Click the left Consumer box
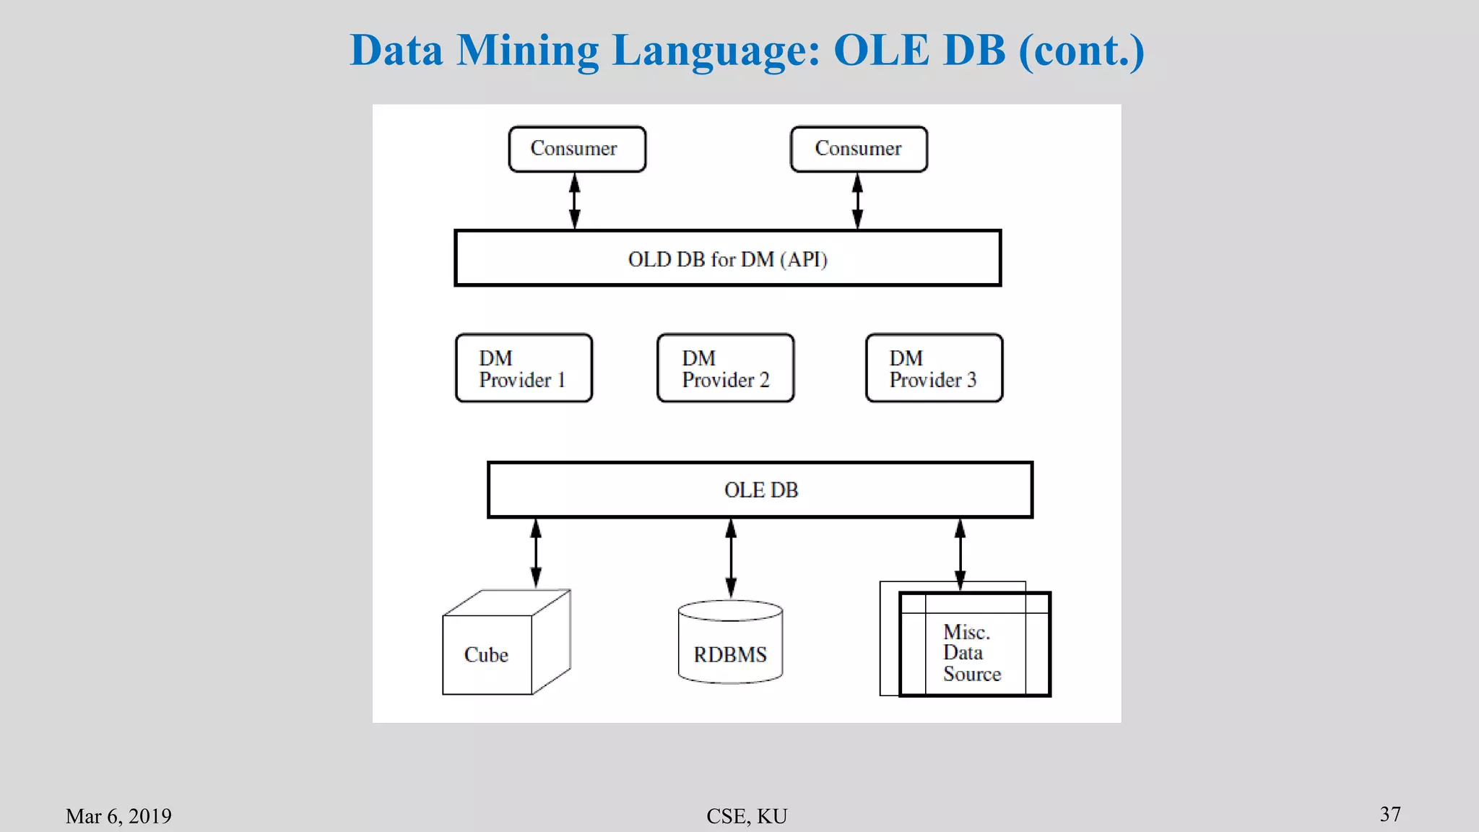577,149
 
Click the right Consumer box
859,149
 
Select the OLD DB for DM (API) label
727,259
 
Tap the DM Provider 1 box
524,368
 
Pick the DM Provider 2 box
725,368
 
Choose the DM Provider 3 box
934,368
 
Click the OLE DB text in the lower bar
760,490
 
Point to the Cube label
486,655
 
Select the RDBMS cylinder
730,643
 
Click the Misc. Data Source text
971,653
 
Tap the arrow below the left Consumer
575,201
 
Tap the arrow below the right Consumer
857,201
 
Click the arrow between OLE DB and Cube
536,553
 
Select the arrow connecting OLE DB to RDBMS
731,558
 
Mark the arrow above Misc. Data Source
960,553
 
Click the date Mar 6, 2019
118,816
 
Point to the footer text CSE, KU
747,816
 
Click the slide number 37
1390,815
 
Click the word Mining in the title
527,51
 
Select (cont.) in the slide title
1081,51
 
